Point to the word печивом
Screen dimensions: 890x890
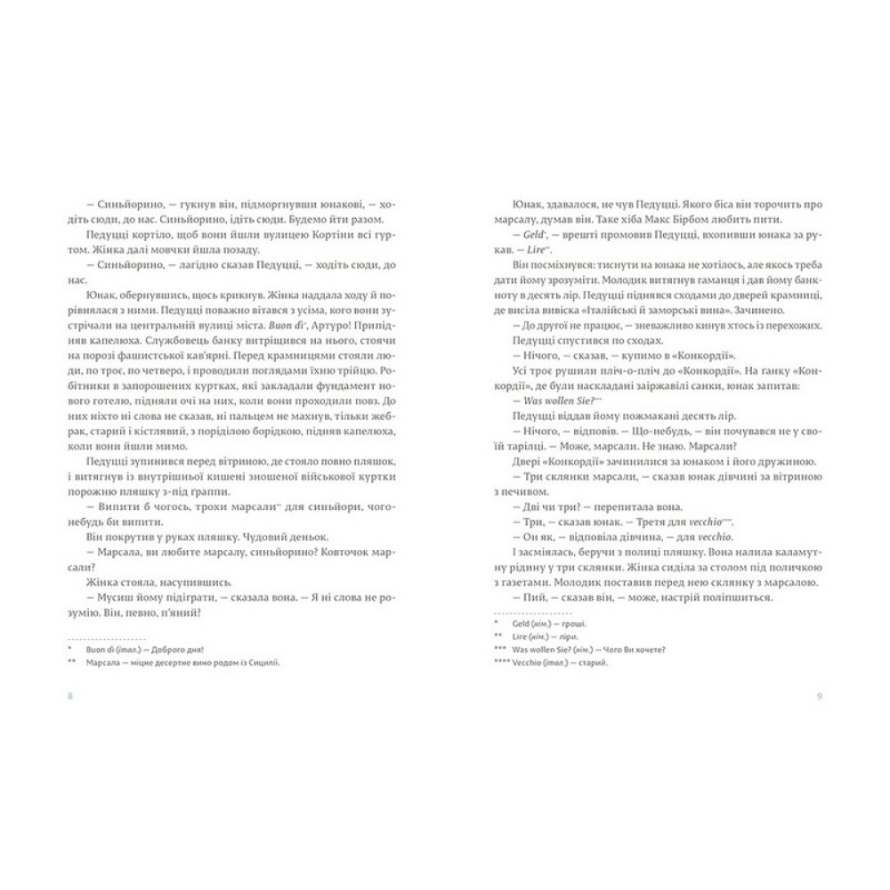(x=535, y=501)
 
